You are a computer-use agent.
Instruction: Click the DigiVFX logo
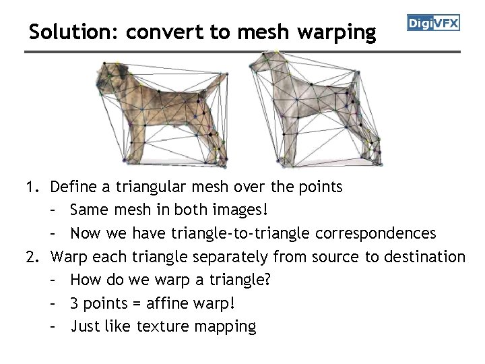pyautogui.click(x=433, y=24)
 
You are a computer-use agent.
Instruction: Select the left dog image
pyautogui.click(x=162, y=111)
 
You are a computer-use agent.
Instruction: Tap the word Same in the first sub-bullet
pyautogui.click(x=88, y=210)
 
